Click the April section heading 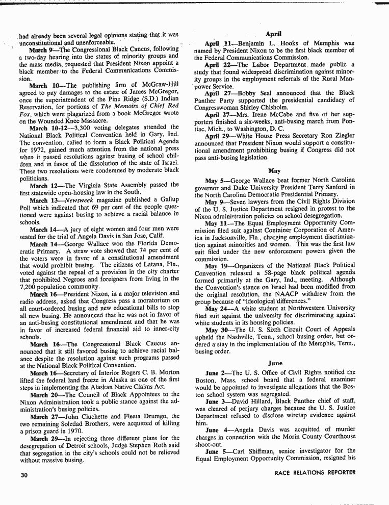coord(274,34)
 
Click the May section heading coord(274,171)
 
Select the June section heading coord(274,363)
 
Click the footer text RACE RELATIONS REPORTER coord(315,472)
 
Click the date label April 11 coord(218,44)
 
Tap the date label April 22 coord(218,65)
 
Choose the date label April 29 coord(218,137)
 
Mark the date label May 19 coord(216,266)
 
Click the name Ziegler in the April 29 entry coord(343,137)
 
